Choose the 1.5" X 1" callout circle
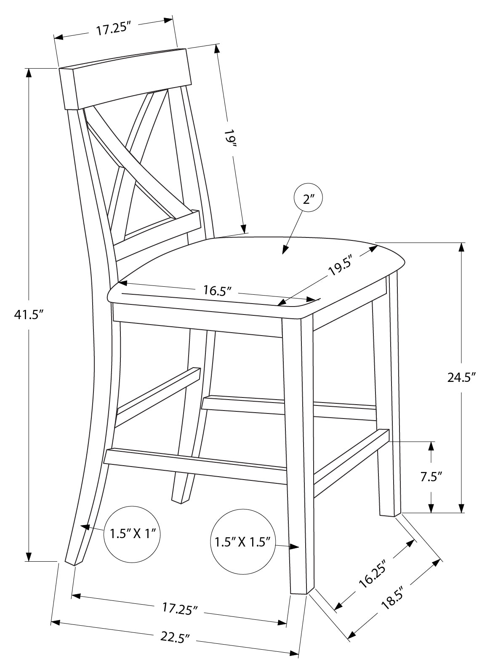133,534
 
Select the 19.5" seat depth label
340,268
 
